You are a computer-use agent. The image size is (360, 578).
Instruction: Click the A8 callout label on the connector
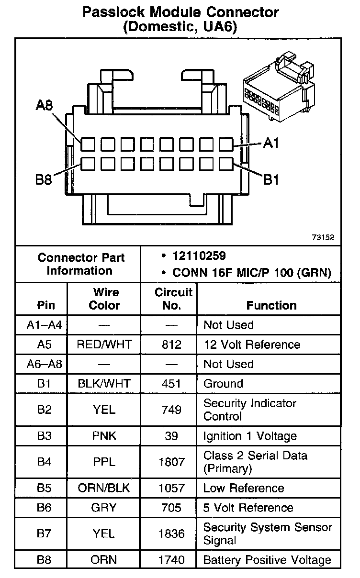pyautogui.click(x=45, y=106)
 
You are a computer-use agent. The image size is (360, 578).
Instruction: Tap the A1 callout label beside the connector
pyautogui.click(x=270, y=143)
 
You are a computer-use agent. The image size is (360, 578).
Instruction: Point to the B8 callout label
pyautogui.click(x=44, y=180)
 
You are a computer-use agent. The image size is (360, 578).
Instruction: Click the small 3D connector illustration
pyautogui.click(x=278, y=91)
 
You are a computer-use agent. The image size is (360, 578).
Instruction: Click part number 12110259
pyautogui.click(x=199, y=256)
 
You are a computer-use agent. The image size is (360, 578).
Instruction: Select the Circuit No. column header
pyautogui.click(x=173, y=299)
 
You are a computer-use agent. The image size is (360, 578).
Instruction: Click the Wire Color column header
pyautogui.click(x=106, y=299)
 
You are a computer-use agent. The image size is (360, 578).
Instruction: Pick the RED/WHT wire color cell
pyautogui.click(x=104, y=345)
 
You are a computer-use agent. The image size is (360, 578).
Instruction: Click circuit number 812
pyautogui.click(x=171, y=345)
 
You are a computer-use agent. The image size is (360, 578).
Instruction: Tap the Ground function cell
pyautogui.click(x=223, y=384)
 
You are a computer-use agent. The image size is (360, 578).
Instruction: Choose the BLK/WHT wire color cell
pyautogui.click(x=104, y=384)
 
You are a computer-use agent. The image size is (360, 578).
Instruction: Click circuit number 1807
pyautogui.click(x=171, y=462)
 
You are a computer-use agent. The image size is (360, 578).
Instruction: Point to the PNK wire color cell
pyautogui.click(x=104, y=436)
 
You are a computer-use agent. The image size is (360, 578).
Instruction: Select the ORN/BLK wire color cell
pyautogui.click(x=104, y=489)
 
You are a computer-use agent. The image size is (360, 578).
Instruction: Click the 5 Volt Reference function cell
pyautogui.click(x=248, y=508)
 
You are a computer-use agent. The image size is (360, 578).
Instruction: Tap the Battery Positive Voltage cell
pyautogui.click(x=267, y=560)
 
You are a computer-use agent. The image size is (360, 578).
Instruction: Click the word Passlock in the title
pyautogui.click(x=116, y=12)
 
